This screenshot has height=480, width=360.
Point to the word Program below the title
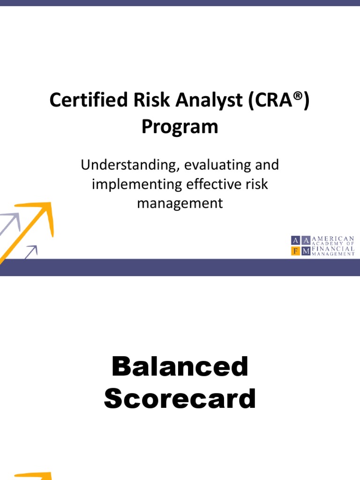[180, 127]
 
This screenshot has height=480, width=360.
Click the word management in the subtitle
[180, 203]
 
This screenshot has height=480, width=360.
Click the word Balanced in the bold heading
[180, 366]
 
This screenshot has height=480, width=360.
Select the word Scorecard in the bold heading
[180, 399]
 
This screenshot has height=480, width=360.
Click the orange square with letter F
[295, 251]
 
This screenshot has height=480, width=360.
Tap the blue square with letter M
[306, 251]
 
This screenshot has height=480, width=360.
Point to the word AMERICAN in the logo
[333, 239]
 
